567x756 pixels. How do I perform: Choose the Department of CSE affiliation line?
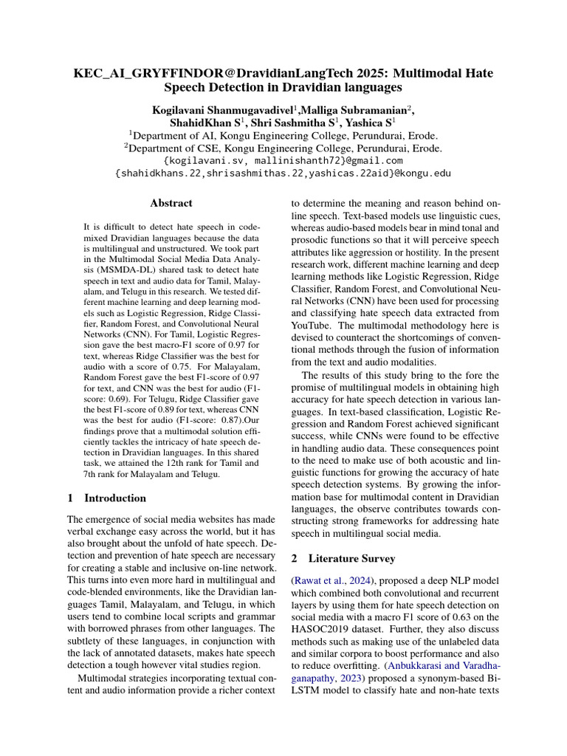(283, 148)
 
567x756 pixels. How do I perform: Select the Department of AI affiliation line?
(283, 135)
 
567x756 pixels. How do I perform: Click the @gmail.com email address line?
(283, 160)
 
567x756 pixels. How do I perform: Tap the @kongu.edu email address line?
(283, 173)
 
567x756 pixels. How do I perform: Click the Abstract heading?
(171, 203)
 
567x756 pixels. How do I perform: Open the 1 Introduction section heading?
(106, 498)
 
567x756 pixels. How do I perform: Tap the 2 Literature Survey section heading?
(343, 558)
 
